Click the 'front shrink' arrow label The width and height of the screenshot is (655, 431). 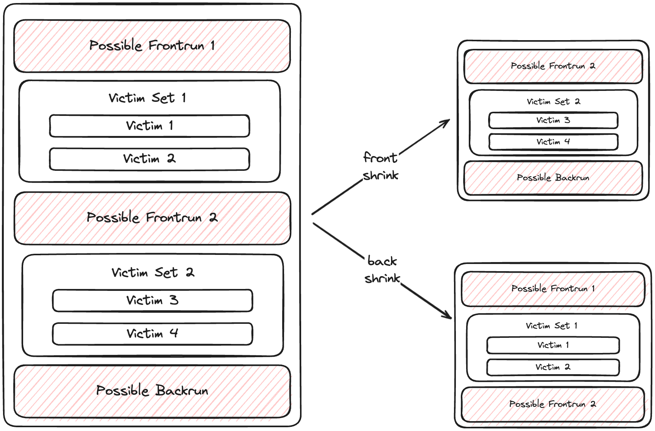point(380,166)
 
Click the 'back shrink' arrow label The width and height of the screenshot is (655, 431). point(382,270)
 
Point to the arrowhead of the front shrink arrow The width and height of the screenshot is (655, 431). point(446,122)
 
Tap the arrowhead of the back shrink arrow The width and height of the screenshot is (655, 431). point(448,315)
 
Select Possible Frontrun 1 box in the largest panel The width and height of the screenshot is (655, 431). point(152,46)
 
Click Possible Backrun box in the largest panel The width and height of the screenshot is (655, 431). point(152,391)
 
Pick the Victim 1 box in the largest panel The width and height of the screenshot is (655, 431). point(149,126)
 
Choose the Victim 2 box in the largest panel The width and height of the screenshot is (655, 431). point(149,159)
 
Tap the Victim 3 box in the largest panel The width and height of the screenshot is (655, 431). point(152,301)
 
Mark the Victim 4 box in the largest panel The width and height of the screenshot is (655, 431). point(152,334)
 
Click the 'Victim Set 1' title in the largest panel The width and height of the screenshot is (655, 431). point(148,98)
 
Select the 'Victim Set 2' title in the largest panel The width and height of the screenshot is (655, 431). point(153,273)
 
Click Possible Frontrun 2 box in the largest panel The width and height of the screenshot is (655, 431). point(152,218)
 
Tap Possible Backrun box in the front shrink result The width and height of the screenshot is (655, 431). point(553,178)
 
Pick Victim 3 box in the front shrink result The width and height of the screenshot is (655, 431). point(553,120)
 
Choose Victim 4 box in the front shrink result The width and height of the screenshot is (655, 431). point(553,142)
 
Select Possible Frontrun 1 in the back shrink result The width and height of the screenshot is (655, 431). point(553,289)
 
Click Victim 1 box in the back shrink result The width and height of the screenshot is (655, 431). point(553,345)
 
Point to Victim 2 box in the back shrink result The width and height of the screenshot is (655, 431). point(553,367)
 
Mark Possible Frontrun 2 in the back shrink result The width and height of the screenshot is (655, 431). point(553,404)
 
